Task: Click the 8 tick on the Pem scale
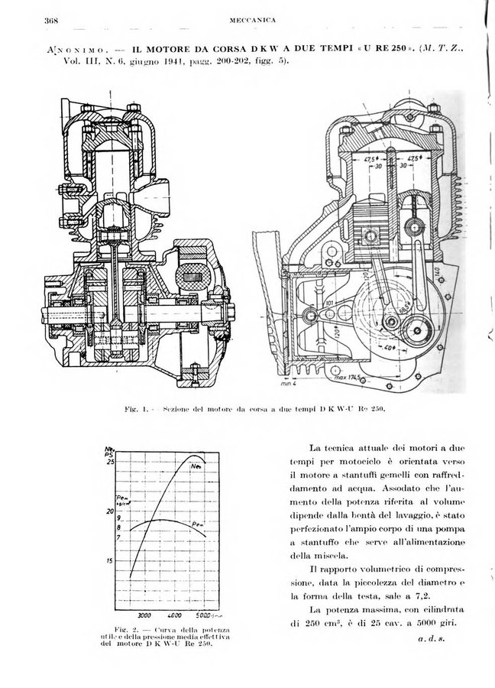tap(118, 527)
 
